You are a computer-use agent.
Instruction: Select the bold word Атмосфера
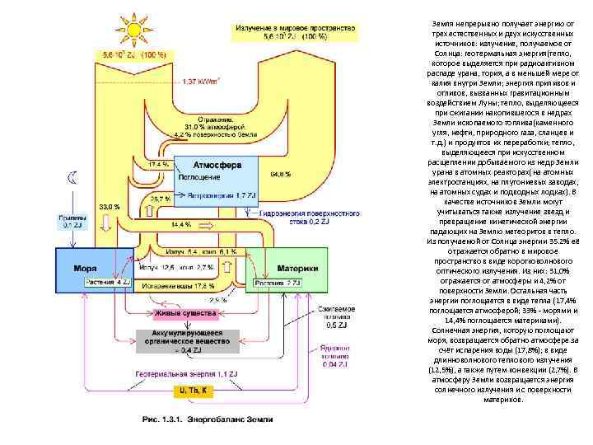point(217,165)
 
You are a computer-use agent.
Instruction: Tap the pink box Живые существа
point(185,314)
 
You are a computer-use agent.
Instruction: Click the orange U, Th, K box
point(189,390)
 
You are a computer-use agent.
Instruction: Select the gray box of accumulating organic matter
point(185,340)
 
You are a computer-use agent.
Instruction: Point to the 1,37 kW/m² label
point(199,82)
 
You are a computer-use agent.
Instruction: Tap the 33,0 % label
point(109,206)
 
